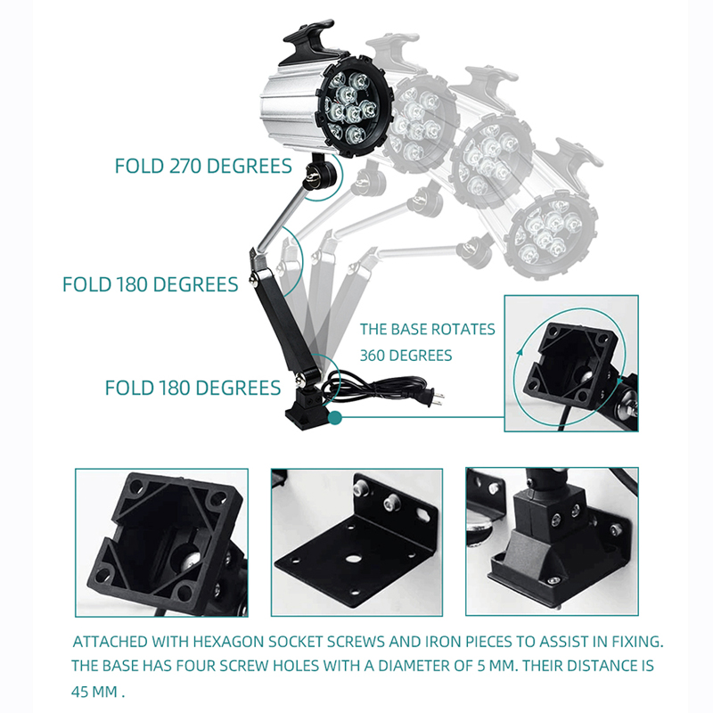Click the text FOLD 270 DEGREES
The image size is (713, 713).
[203, 166]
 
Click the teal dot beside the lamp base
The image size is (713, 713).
[335, 417]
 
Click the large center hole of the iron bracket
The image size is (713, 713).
[352, 558]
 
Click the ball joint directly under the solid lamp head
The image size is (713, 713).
[320, 172]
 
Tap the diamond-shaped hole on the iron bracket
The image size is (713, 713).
[422, 515]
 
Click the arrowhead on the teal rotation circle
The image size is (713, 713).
[520, 352]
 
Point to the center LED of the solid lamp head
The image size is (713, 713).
[348, 96]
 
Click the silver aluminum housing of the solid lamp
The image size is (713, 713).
[292, 105]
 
